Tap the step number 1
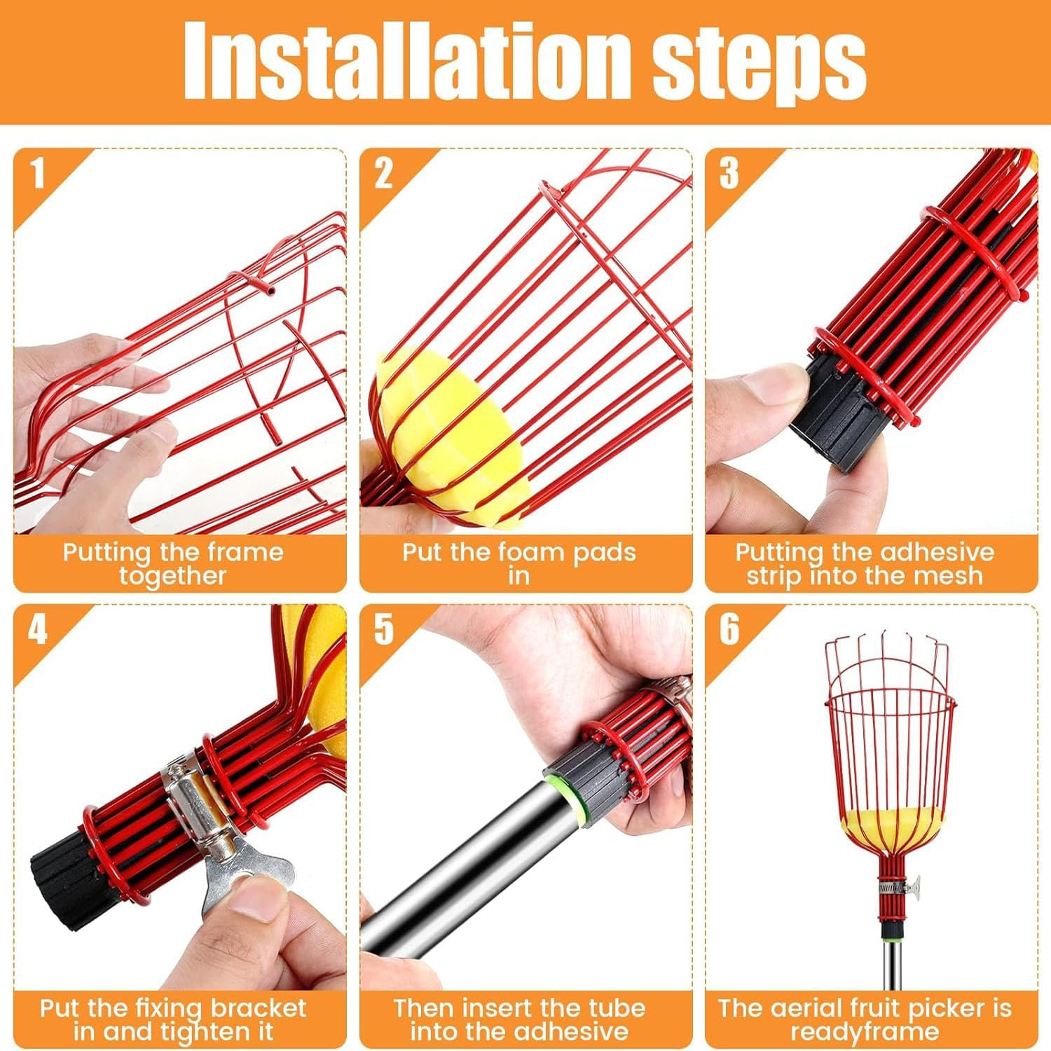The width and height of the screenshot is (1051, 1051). click(x=38, y=173)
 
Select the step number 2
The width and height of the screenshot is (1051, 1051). click(x=383, y=173)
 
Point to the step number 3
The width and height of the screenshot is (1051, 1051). click(x=729, y=173)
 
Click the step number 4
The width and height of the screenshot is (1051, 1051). click(x=38, y=628)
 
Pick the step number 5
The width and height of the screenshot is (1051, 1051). click(x=383, y=628)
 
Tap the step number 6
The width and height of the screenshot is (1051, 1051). click(x=729, y=628)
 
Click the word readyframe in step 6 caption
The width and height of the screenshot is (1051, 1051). click(x=865, y=1032)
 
